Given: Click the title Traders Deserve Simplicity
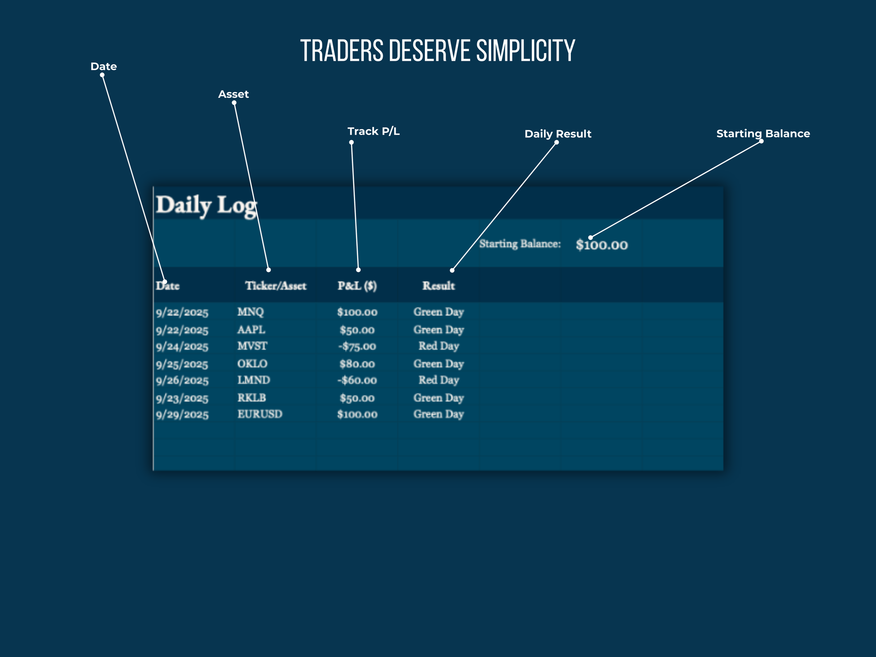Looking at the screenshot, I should click(438, 50).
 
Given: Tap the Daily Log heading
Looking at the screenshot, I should click(206, 205).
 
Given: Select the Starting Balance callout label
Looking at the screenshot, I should click(763, 134).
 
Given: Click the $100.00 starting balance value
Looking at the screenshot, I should click(601, 245).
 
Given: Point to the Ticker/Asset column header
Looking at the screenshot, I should click(275, 286).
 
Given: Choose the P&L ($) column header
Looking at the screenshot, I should click(357, 286).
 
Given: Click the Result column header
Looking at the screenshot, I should click(438, 286).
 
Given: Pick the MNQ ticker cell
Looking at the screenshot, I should click(250, 312).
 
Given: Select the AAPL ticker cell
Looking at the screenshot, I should click(251, 330).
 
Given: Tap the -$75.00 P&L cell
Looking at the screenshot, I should click(357, 346).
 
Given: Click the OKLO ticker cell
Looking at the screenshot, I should click(252, 364).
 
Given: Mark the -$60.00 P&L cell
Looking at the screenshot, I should click(357, 381).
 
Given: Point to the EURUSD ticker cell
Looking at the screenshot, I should click(260, 414).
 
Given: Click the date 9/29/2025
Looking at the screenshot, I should click(182, 415).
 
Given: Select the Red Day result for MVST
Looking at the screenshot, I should click(438, 346).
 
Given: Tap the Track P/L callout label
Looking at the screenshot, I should click(374, 131).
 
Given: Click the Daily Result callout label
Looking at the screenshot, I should click(558, 134).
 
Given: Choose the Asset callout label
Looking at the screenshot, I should click(233, 95).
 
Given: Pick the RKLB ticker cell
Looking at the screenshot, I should click(252, 398).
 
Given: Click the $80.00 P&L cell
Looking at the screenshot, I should click(357, 364).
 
